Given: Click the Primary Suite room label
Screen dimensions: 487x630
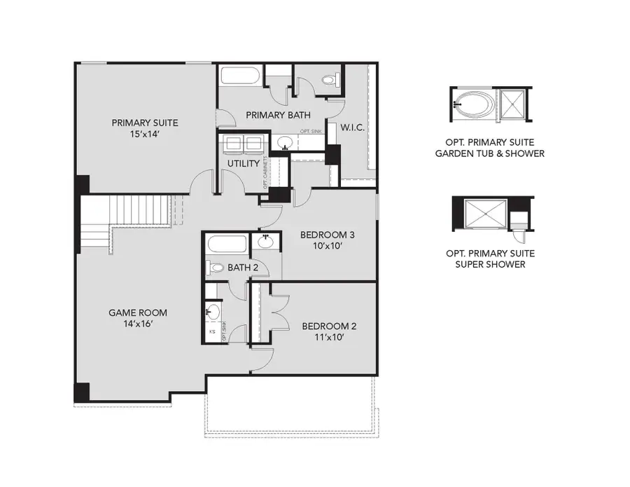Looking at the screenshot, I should click(x=140, y=123).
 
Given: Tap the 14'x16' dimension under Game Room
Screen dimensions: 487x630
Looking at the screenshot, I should click(x=137, y=324).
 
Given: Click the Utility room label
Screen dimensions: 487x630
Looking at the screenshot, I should click(x=243, y=163).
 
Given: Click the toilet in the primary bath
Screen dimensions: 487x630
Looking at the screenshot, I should click(x=330, y=81).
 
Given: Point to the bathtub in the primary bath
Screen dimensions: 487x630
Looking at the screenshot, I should click(x=241, y=77).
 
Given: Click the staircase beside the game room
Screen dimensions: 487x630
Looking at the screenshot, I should click(x=143, y=210).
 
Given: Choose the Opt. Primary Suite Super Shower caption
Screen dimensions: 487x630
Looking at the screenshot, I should click(x=490, y=259).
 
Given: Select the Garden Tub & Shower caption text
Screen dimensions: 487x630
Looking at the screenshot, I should click(x=490, y=153).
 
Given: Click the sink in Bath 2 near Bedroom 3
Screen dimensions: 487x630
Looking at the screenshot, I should click(x=266, y=243).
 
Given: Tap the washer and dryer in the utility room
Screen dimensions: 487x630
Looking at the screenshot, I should click(x=242, y=144).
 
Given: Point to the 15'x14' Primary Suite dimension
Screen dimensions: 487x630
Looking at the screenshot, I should click(x=140, y=134).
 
